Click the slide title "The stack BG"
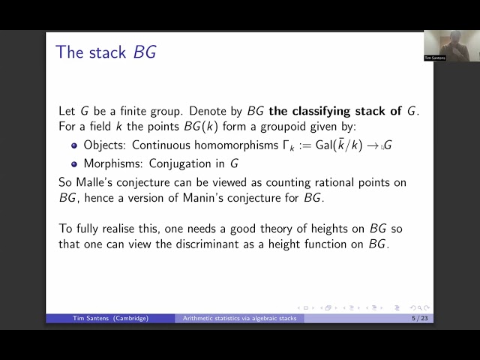click(x=106, y=52)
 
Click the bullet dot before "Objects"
click(x=74, y=145)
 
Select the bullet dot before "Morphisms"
click(x=74, y=163)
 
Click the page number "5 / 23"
click(x=420, y=318)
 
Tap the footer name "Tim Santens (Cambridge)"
click(x=110, y=318)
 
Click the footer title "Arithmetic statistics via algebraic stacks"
click(x=240, y=318)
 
